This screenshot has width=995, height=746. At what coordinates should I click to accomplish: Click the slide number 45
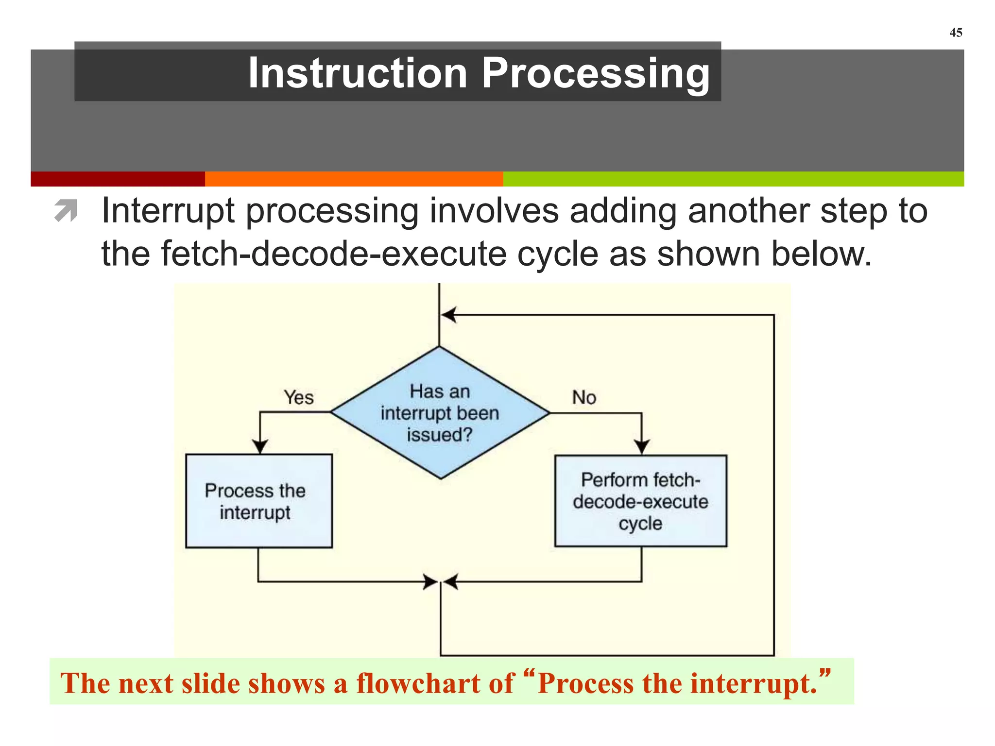(956, 33)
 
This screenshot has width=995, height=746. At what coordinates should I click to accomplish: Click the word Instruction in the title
(358, 73)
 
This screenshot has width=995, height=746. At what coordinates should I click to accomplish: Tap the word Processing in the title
(596, 74)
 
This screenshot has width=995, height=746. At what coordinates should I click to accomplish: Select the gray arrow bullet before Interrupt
(66, 211)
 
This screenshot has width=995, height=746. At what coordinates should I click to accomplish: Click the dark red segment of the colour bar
(118, 179)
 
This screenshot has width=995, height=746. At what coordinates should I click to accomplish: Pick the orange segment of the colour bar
(354, 179)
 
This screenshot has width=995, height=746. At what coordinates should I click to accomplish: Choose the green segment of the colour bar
(733, 179)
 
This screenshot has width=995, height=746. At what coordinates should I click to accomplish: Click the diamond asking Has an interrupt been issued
(440, 413)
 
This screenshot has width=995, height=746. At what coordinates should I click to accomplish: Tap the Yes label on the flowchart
(299, 397)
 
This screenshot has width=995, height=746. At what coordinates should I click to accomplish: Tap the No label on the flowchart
(583, 397)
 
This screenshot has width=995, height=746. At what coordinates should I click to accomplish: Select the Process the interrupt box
(259, 501)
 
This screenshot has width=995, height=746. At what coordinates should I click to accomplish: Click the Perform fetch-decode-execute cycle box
(640, 501)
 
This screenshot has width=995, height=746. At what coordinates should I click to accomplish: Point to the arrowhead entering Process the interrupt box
(260, 446)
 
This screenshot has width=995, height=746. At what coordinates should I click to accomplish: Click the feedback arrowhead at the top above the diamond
(448, 315)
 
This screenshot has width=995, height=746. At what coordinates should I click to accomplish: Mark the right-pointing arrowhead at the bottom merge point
(430, 581)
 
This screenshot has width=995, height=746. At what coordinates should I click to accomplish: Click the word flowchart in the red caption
(435, 683)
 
